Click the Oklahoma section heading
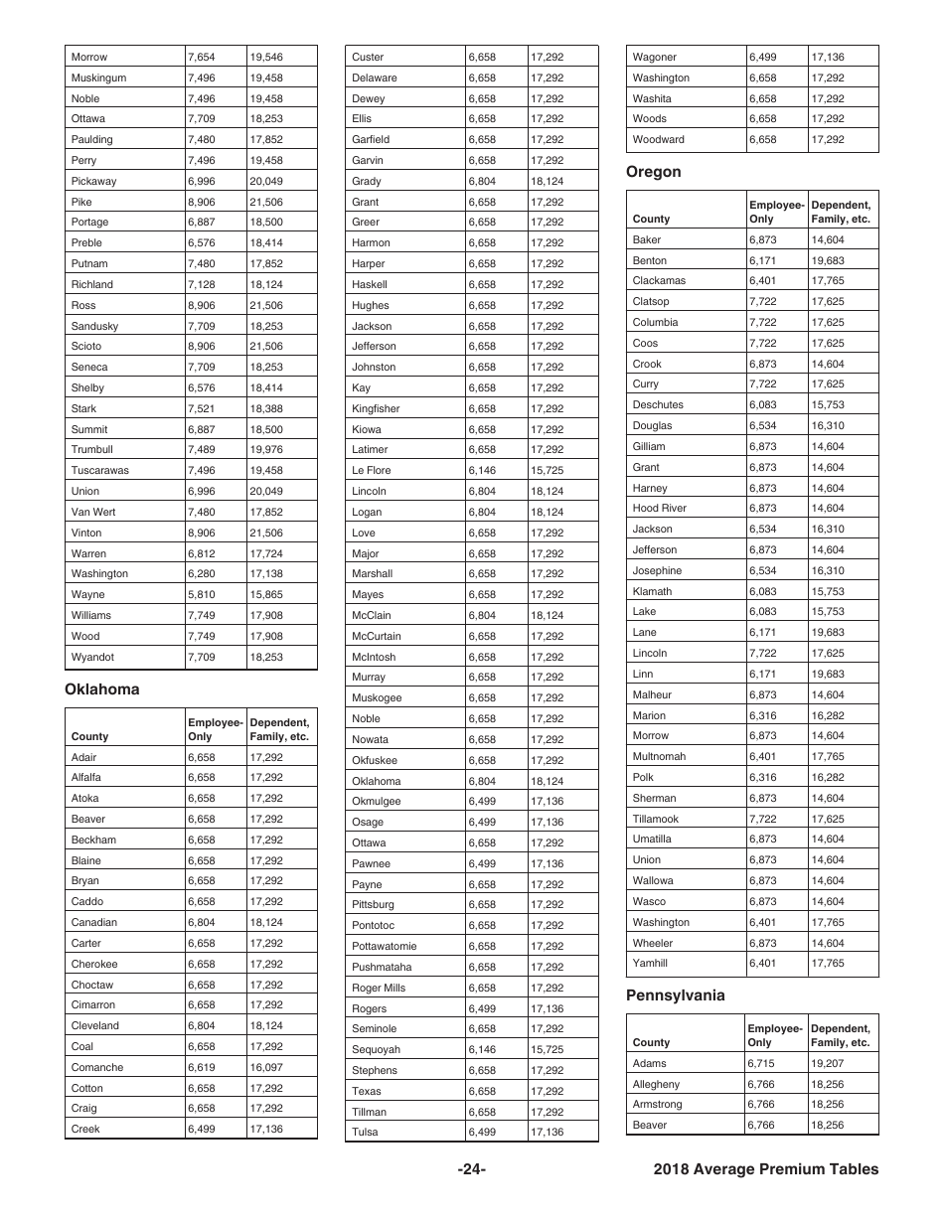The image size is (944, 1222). (102, 689)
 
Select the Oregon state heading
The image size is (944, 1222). (654, 172)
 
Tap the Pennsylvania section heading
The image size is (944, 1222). (676, 995)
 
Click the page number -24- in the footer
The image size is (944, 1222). (471, 1169)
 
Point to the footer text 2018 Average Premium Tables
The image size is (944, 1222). (766, 1169)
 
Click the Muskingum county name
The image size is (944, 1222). (98, 77)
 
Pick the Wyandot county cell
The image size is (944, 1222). (92, 657)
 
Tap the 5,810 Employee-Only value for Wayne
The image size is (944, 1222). (202, 594)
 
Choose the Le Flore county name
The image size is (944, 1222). (372, 470)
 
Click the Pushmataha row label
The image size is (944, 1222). (382, 967)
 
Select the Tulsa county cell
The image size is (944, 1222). (365, 1132)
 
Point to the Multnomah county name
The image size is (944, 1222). (659, 756)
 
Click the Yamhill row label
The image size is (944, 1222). (650, 963)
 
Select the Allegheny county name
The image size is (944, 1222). (656, 1084)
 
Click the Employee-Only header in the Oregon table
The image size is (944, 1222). (776, 212)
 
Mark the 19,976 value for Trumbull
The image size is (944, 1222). (266, 449)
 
